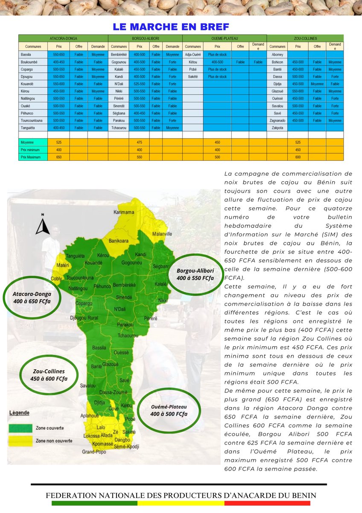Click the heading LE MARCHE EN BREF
point(171,27)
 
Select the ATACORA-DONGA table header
point(63,38)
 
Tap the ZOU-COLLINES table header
point(305,38)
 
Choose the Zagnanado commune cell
point(278,121)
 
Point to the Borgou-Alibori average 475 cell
point(139,142)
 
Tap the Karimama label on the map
point(124,212)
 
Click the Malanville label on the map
point(162,234)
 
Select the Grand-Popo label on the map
point(93,451)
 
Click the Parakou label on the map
point(125,325)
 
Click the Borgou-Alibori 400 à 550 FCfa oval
point(195,274)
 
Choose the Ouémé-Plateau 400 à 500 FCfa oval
point(169,410)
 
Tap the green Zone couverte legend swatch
point(21,427)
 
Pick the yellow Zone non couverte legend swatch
point(21,440)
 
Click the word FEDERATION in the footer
point(71,495)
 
